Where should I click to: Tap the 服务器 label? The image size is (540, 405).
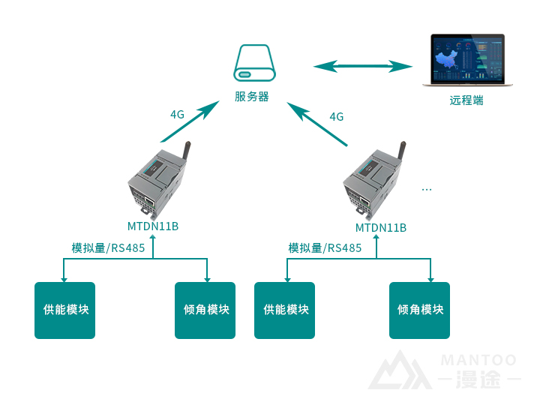coord(252,96)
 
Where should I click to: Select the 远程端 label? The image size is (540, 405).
coord(466,100)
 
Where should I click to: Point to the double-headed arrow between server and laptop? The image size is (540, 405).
coord(363,67)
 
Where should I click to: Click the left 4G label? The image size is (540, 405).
coord(177,115)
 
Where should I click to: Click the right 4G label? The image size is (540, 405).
coord(337,116)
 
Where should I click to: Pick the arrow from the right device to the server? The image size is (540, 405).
coord(319,124)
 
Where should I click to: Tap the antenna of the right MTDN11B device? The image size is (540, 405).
coord(403,152)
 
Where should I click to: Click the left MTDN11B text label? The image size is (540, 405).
coord(153,226)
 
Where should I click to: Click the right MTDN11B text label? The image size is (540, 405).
coord(381,227)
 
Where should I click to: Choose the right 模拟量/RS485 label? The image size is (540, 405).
coord(325,248)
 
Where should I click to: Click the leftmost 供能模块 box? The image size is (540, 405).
coord(65,310)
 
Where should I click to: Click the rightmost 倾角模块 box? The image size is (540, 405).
coord(420,310)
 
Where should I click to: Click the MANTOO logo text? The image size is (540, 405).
coord(478,361)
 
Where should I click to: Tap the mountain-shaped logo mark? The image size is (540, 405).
coord(398,370)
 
